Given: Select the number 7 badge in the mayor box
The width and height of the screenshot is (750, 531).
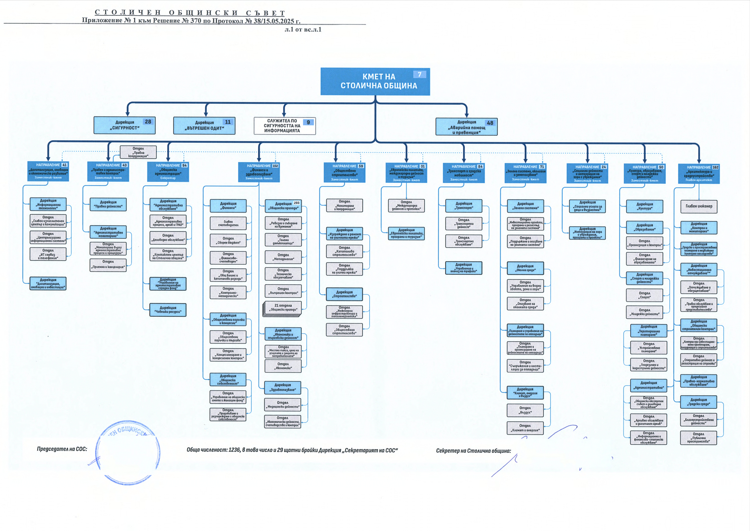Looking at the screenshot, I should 419,75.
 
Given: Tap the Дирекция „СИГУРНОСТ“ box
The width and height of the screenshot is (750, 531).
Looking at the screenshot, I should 124,125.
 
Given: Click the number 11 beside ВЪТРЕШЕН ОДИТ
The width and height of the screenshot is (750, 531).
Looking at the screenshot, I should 228,122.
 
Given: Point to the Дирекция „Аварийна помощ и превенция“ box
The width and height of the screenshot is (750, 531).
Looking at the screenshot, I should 466,127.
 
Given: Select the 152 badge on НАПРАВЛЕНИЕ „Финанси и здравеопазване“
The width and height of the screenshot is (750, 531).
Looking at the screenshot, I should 275,166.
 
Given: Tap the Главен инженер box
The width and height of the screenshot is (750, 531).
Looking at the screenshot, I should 699,206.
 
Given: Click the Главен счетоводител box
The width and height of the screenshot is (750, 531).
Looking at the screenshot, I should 228,223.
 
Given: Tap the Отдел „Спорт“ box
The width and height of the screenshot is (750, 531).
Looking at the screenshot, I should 644,295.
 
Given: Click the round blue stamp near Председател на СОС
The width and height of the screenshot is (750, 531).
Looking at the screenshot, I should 128,452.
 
